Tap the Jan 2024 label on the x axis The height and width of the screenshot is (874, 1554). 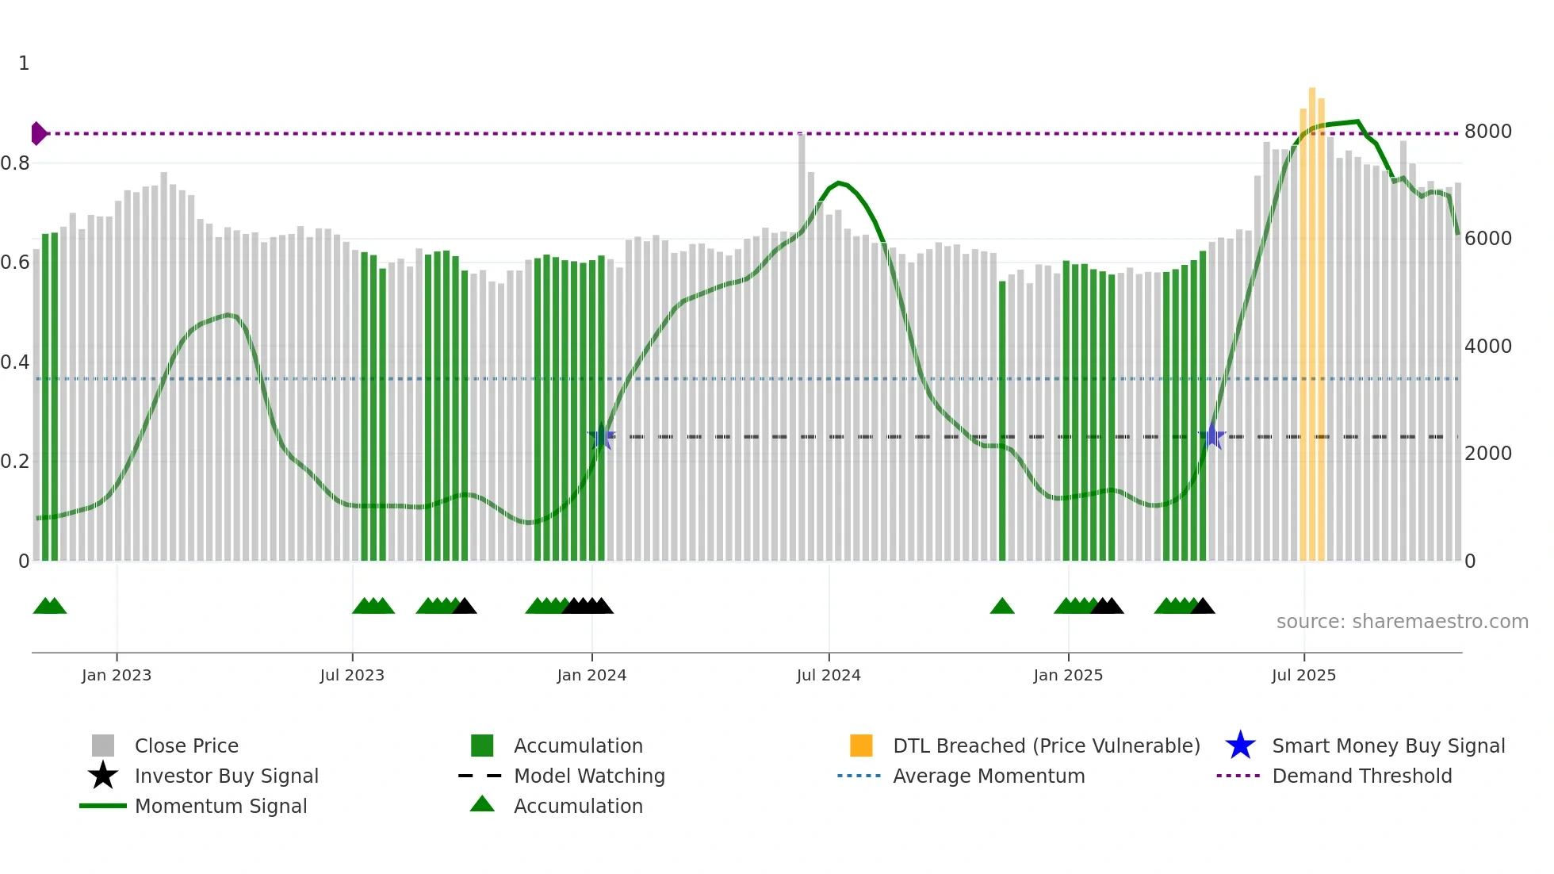click(x=591, y=675)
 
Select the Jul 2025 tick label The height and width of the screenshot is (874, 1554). click(x=1303, y=675)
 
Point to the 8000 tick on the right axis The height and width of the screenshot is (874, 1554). click(x=1487, y=132)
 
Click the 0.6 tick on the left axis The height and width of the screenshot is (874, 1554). click(x=15, y=263)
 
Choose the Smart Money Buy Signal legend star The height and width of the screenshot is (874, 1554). click(x=1240, y=746)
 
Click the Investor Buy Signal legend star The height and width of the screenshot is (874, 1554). click(x=103, y=776)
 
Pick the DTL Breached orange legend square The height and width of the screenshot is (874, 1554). click(x=861, y=746)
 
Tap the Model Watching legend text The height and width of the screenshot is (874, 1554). click(x=589, y=776)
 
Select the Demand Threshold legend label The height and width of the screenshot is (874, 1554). click(x=1361, y=776)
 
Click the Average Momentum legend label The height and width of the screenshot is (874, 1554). click(x=989, y=776)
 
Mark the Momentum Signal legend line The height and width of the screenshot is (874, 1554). click(x=103, y=806)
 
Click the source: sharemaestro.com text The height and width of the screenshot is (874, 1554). click(x=1402, y=622)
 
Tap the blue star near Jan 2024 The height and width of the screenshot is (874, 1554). click(x=602, y=436)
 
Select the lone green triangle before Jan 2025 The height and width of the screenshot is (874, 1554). click(x=1002, y=607)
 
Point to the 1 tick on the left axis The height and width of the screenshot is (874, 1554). click(x=24, y=63)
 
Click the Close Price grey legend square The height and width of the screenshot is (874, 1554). click(x=103, y=746)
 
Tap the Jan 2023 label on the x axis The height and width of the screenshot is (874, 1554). click(x=117, y=675)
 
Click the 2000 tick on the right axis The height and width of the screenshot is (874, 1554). click(x=1487, y=454)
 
